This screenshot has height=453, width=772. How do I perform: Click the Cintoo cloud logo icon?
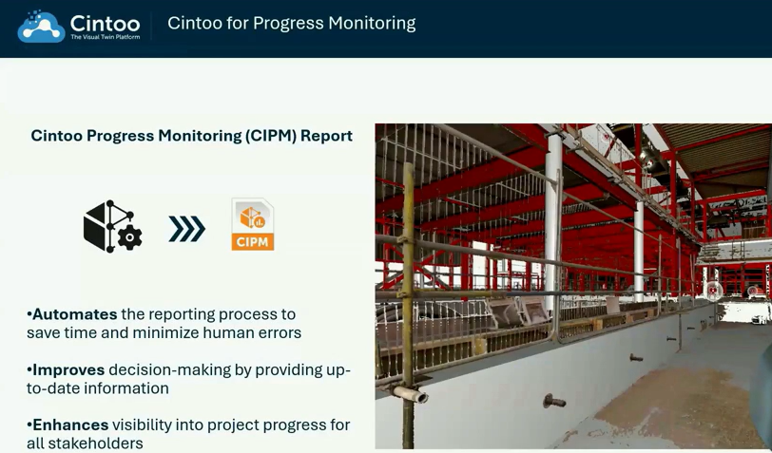coord(40,27)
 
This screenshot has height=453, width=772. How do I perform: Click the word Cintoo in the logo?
coord(105,23)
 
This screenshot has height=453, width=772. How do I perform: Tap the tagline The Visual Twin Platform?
coord(105,37)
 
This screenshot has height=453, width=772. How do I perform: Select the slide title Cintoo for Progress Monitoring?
coord(291,23)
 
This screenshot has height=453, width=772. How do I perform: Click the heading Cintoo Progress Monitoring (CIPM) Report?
coord(191,136)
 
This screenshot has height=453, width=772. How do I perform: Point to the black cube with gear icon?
coord(112,227)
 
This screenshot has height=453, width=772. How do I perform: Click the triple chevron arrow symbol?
coord(186,229)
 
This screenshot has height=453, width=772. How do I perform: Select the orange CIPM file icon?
coord(253,225)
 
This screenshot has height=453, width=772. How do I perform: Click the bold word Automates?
coord(74,314)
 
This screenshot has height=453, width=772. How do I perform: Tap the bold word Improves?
coord(68,369)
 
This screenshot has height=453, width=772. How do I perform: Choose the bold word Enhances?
coord(71,425)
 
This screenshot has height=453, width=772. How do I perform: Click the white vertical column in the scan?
coord(551,218)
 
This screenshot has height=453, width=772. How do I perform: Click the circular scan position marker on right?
coord(713,291)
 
